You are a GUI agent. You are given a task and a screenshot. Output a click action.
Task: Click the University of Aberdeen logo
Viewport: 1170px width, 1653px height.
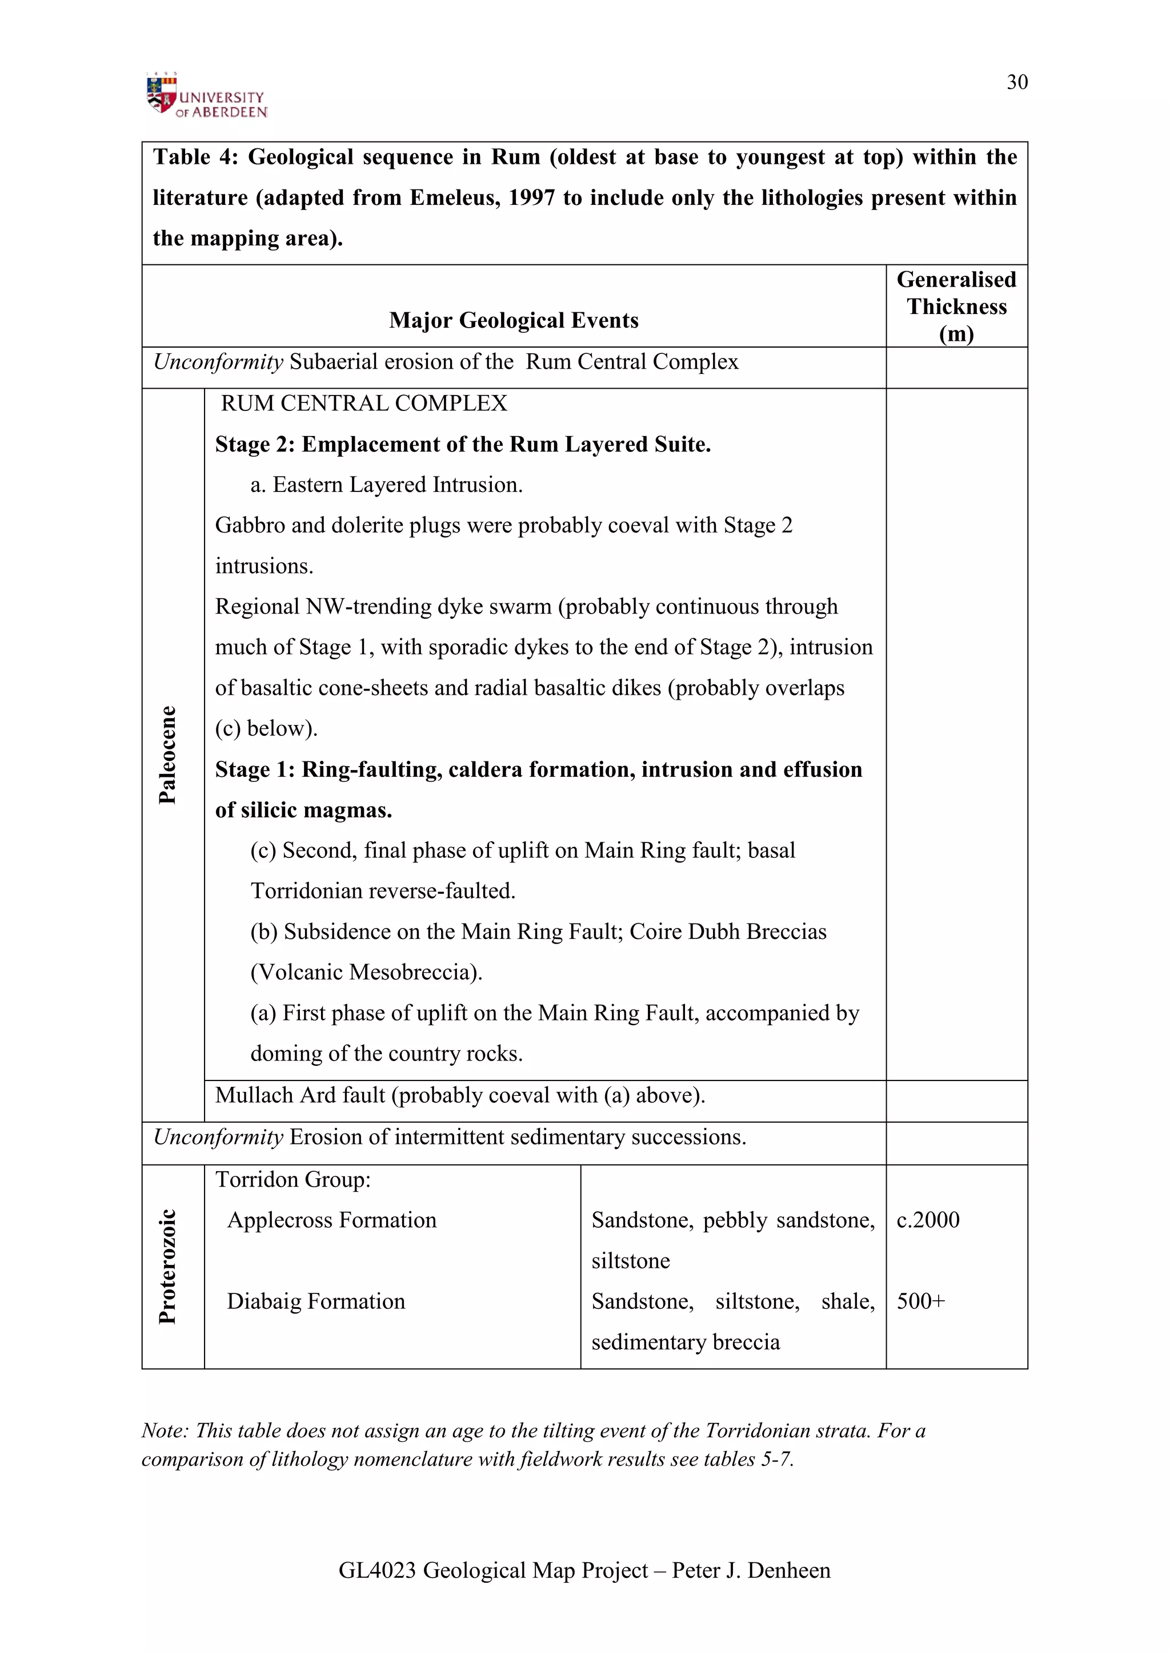[206, 96]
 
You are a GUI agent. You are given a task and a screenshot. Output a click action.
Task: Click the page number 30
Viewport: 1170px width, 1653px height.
[1016, 82]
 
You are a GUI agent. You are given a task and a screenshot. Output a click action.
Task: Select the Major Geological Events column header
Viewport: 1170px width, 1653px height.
[513, 320]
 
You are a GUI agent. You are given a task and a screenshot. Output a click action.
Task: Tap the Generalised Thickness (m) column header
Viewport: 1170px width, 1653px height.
[956, 307]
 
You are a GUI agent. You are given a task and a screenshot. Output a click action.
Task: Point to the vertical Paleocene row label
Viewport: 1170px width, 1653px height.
[167, 755]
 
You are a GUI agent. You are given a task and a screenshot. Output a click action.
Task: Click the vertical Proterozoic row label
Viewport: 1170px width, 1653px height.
[167, 1267]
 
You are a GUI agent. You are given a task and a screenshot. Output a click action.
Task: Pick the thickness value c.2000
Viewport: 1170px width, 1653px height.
[928, 1220]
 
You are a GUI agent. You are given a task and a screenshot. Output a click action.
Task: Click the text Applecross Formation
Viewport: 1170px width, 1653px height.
[331, 1220]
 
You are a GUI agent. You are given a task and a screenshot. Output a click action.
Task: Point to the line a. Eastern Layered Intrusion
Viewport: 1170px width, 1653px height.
[386, 485]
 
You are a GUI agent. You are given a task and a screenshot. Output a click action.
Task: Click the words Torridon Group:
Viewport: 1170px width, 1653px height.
[292, 1179]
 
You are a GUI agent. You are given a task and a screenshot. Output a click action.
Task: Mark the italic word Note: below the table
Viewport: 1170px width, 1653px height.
[165, 1430]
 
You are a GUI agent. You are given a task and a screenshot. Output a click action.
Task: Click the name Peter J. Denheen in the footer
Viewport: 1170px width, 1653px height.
[751, 1570]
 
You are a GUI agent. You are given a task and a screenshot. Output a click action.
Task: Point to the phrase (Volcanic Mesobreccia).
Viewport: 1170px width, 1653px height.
[366, 973]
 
